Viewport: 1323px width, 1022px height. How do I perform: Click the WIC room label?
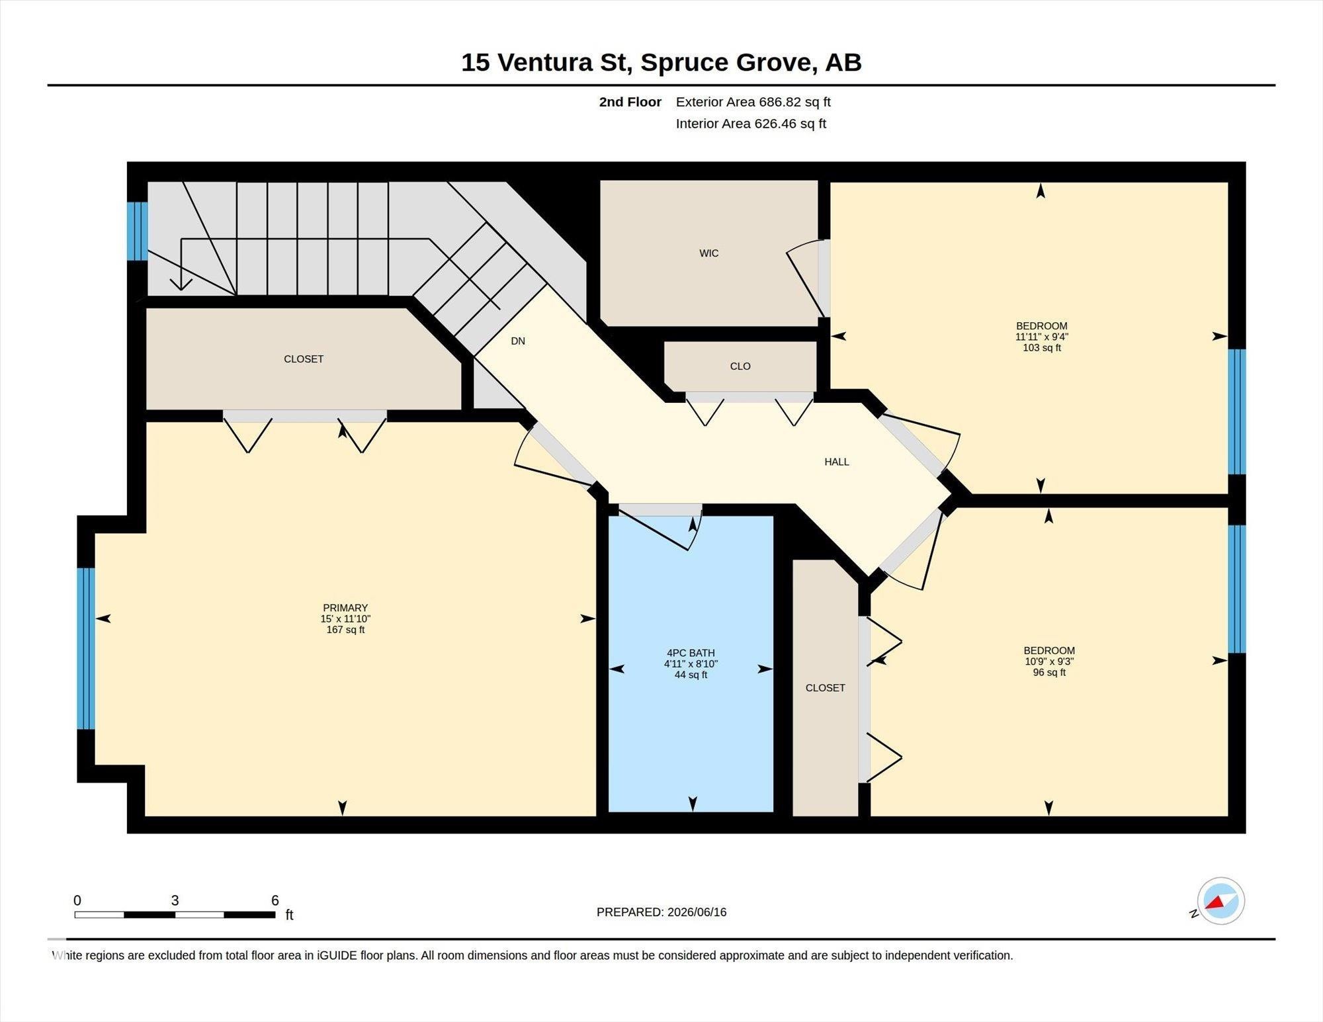(x=708, y=253)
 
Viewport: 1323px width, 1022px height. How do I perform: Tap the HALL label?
(x=837, y=462)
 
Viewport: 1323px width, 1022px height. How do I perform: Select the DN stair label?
(x=518, y=341)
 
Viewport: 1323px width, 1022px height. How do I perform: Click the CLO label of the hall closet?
(x=740, y=366)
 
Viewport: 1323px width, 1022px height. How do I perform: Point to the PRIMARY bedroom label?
(x=345, y=608)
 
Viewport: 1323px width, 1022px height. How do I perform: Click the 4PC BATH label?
(x=691, y=653)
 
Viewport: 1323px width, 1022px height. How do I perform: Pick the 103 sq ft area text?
(x=1042, y=348)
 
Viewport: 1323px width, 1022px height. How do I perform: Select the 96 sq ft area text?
(x=1049, y=673)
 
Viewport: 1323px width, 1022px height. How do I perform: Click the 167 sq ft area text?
(x=345, y=630)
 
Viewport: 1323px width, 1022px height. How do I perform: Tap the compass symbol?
(x=1220, y=901)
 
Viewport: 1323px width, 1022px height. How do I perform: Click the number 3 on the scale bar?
(x=175, y=900)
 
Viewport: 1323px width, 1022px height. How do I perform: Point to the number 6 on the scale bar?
(x=275, y=900)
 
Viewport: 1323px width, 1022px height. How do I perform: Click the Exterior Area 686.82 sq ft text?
(x=753, y=102)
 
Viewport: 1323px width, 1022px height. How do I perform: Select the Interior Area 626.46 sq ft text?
(x=751, y=124)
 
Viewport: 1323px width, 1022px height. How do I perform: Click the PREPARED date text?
(x=661, y=912)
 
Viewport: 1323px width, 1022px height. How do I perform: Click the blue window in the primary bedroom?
(x=86, y=648)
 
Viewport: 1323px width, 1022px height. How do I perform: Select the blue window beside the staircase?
(x=137, y=232)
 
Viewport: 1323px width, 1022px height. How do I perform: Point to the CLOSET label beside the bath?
(x=825, y=688)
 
